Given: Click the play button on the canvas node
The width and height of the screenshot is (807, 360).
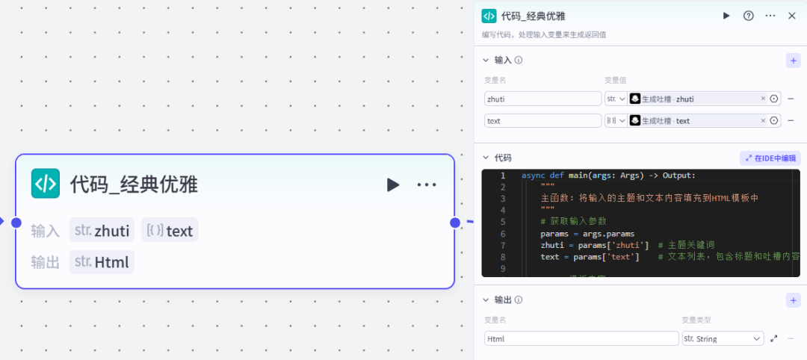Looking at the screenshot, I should pyautogui.click(x=393, y=184).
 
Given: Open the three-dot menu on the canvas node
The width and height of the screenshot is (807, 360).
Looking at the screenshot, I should pyautogui.click(x=427, y=184).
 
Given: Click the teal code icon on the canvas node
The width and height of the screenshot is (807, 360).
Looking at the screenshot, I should pyautogui.click(x=45, y=184).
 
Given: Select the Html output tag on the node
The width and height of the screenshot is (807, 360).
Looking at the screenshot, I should pyautogui.click(x=102, y=262).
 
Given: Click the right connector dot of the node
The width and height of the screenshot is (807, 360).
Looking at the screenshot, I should pyautogui.click(x=454, y=223).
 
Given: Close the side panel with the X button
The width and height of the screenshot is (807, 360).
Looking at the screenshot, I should pyautogui.click(x=792, y=16).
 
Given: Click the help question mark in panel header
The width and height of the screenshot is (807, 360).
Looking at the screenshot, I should pyautogui.click(x=748, y=16).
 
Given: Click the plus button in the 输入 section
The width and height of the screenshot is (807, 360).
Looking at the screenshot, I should pyautogui.click(x=793, y=60).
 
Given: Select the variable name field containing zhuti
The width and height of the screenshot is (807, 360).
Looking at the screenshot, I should pyautogui.click(x=542, y=99).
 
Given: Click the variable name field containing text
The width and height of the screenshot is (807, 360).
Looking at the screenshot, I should pyautogui.click(x=542, y=120).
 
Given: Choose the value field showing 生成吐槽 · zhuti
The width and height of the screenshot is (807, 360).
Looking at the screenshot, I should pyautogui.click(x=691, y=99).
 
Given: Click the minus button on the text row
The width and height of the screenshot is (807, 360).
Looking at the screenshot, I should pyautogui.click(x=791, y=120).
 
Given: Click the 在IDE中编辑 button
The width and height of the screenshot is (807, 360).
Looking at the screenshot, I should pyautogui.click(x=770, y=158).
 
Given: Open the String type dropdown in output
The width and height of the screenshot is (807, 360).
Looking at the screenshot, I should pyautogui.click(x=723, y=338).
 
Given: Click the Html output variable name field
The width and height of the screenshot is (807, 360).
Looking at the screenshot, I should pyautogui.click(x=581, y=338).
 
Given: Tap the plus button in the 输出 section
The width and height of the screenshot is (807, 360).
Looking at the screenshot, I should pyautogui.click(x=793, y=300).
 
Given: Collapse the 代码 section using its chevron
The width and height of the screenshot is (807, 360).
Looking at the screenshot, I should pyautogui.click(x=486, y=158).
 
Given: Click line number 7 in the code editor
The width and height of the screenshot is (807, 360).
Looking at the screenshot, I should pyautogui.click(x=503, y=245).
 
